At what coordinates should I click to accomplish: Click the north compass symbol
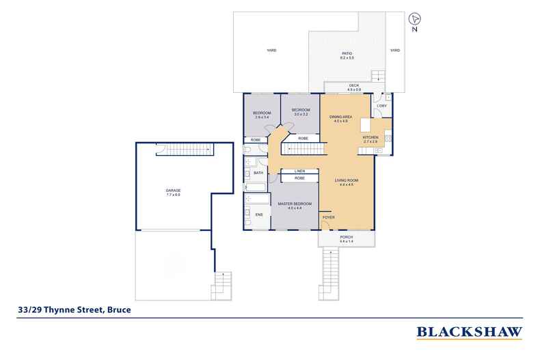(416, 20)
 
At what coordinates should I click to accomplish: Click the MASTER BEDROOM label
(294, 204)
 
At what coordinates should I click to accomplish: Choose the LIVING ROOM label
(347, 180)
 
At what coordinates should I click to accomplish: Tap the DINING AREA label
(340, 118)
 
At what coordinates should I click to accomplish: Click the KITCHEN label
(370, 137)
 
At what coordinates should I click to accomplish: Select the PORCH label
(347, 238)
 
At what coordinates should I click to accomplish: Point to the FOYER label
(329, 217)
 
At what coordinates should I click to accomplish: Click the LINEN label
(299, 171)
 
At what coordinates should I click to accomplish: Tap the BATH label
(258, 173)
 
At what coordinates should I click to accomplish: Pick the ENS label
(258, 214)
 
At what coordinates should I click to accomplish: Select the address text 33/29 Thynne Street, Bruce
(73, 309)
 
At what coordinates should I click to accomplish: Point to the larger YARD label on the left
(271, 51)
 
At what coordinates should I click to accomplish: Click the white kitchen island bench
(366, 125)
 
